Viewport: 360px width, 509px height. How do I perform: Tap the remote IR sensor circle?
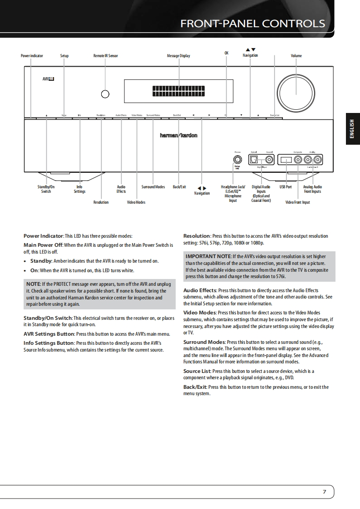105,94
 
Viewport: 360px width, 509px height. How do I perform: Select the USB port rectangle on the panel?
286,160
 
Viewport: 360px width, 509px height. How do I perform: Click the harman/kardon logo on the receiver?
178,136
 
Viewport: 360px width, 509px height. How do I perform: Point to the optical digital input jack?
255,160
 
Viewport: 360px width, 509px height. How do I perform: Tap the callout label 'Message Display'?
178,56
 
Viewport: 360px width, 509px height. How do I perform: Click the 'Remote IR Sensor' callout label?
105,56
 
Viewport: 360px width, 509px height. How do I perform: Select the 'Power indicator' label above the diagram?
32,56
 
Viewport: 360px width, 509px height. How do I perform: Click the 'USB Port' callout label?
286,187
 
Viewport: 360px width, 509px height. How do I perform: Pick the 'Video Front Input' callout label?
297,202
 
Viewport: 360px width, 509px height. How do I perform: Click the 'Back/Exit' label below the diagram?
179,187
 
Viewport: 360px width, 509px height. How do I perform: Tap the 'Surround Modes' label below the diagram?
153,187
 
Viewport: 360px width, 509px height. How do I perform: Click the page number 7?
325,492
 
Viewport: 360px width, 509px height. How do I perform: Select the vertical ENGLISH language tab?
352,129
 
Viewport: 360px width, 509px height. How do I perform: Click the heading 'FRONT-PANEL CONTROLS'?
252,24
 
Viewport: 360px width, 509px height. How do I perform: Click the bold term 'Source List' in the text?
197,371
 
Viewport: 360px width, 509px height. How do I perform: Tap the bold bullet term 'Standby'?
41,261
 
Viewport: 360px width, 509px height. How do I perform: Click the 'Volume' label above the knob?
296,56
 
